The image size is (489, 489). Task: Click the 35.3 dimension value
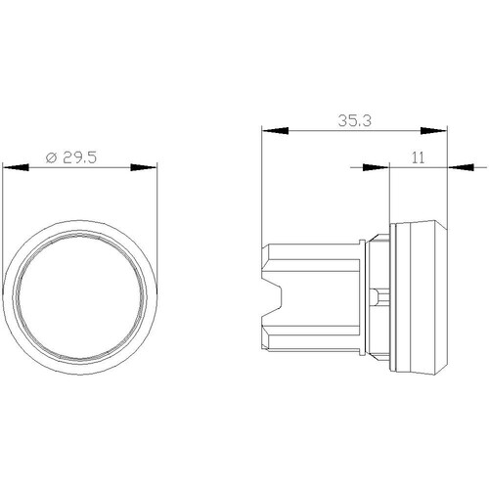coord(355,120)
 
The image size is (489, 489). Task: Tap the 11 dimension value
coord(418,157)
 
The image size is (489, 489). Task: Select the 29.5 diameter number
coord(80,157)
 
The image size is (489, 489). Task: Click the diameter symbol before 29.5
coord(52,157)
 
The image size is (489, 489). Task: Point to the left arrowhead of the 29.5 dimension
coord(16,167)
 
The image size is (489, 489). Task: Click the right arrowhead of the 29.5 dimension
coord(144,167)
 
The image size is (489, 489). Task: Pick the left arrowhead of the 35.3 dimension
coord(276,131)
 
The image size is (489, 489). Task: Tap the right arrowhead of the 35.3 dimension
coord(433,131)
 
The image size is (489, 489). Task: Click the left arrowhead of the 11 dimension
coord(377,167)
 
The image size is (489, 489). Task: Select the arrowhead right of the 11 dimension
coord(461,167)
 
